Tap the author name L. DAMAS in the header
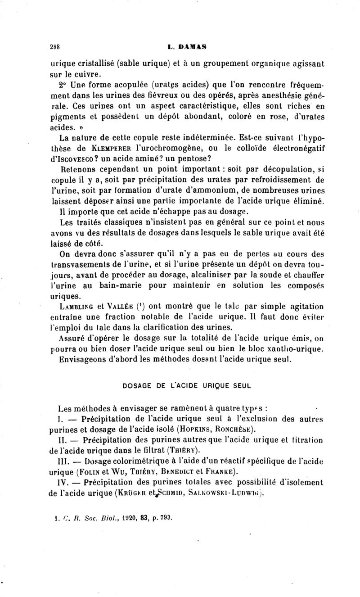pos(180,46)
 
